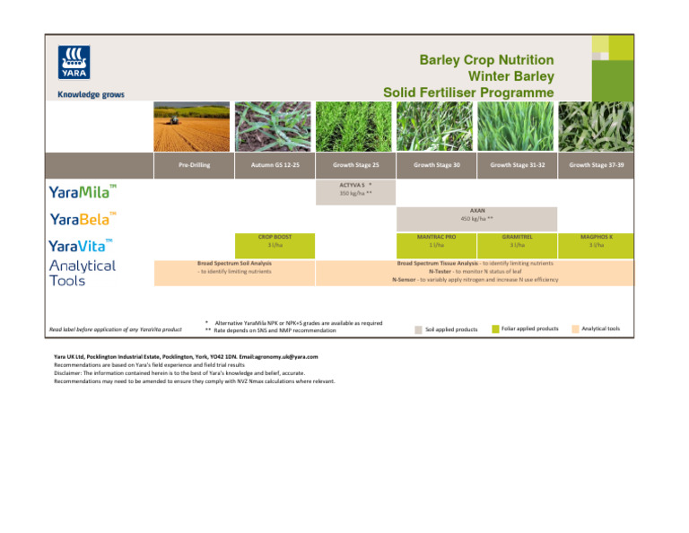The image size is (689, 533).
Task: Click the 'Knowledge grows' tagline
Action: click(x=91, y=94)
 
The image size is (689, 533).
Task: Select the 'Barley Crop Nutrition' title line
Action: click(x=486, y=60)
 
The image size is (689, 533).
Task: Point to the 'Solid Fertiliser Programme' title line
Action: click(x=468, y=92)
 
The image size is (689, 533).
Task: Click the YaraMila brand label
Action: click(x=83, y=190)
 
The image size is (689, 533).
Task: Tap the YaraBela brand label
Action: click(x=83, y=218)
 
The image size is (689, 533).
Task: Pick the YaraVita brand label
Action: click(x=81, y=245)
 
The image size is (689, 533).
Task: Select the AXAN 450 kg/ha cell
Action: click(x=477, y=214)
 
